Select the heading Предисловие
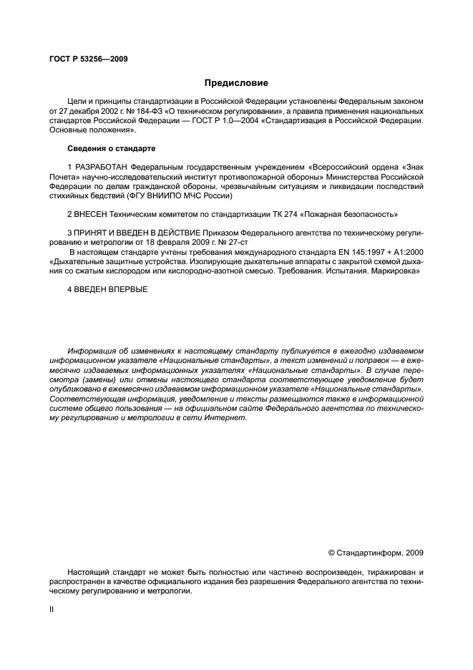235,83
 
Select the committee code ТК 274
291,213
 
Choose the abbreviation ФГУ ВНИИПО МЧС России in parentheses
190,195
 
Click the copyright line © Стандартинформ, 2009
375,553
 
